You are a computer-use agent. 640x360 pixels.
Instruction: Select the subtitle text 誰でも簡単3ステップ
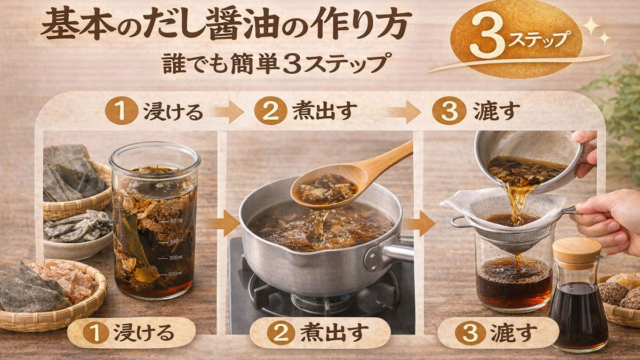click(x=274, y=63)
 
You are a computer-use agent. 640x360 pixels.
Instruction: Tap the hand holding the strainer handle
click(x=611, y=213)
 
